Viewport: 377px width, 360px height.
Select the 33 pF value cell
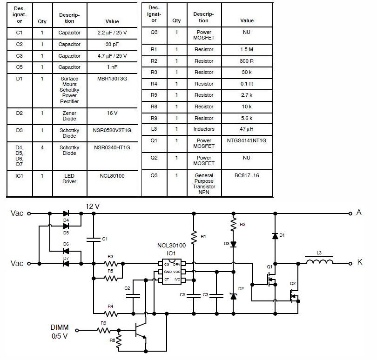[112, 44]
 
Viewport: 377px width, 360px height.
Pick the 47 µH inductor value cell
[246, 129]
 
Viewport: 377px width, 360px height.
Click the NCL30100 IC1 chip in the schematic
[171, 272]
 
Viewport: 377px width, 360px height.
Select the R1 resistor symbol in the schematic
[194, 237]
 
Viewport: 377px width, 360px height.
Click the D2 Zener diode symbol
[233, 296]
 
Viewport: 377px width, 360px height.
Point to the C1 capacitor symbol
[94, 240]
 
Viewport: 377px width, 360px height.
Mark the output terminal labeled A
[350, 213]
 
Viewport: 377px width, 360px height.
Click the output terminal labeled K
[350, 264]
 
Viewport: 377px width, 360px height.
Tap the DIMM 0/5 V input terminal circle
[77, 330]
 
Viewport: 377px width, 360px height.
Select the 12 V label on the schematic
[93, 207]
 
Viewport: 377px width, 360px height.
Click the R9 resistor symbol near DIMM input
[104, 330]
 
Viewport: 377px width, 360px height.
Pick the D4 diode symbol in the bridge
[66, 213]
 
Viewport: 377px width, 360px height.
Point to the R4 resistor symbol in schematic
[111, 313]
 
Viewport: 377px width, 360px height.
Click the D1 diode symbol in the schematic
[275, 236]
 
